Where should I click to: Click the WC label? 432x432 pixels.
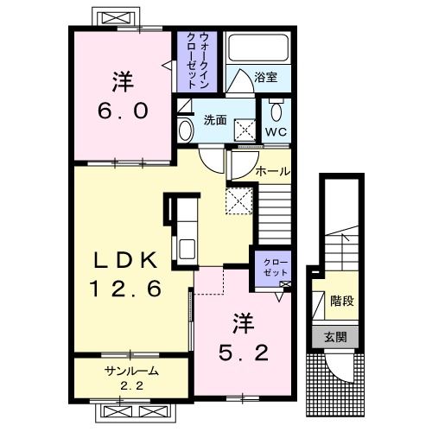click(x=276, y=131)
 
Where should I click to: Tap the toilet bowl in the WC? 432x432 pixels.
click(x=276, y=111)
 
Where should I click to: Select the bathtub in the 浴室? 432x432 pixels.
click(x=258, y=48)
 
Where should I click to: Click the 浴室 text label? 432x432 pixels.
click(x=265, y=77)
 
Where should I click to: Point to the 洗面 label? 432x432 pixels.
click(x=215, y=120)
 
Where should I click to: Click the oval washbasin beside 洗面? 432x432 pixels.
click(x=186, y=130)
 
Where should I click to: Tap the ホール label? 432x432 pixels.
click(x=272, y=172)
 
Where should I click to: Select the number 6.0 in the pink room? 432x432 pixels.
click(x=124, y=111)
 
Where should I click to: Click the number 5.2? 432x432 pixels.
click(x=244, y=353)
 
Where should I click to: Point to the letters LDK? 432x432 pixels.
click(x=126, y=260)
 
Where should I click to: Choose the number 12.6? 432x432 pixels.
click(x=125, y=289)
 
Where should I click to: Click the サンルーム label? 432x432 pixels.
click(x=131, y=372)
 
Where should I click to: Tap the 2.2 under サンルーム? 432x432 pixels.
click(x=132, y=385)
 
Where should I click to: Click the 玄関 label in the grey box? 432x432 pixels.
click(x=335, y=337)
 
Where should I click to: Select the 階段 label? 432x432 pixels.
click(x=342, y=302)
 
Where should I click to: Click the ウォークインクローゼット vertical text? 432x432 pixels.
click(x=197, y=60)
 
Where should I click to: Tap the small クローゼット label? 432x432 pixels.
click(x=276, y=268)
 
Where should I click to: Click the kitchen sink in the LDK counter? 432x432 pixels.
click(x=187, y=249)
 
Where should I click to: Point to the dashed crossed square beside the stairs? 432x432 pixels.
click(x=239, y=200)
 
